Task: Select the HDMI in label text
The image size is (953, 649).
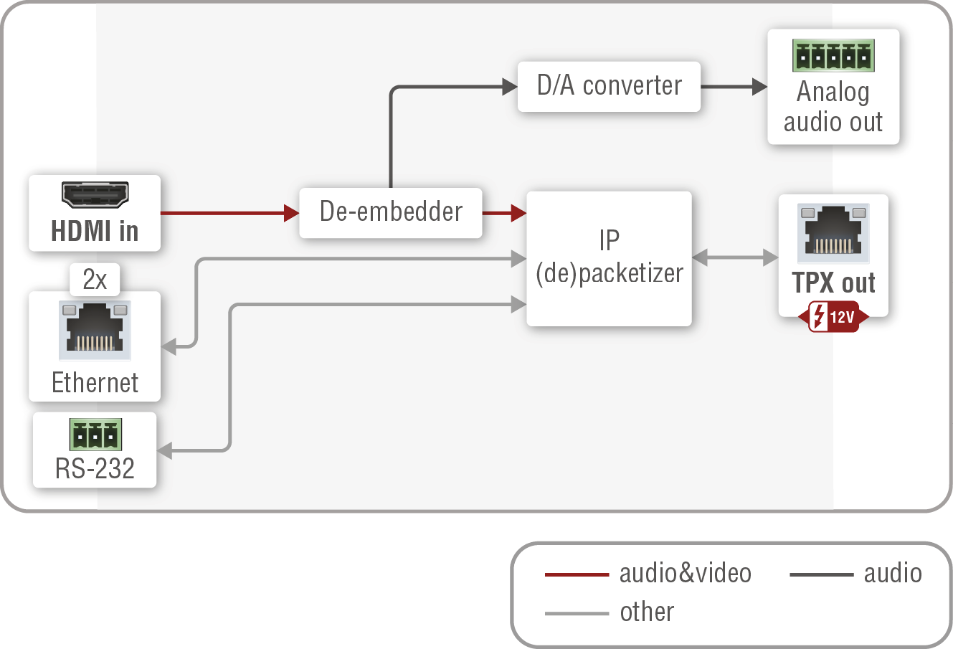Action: pyautogui.click(x=95, y=232)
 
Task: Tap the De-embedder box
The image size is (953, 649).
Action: pyautogui.click(x=391, y=212)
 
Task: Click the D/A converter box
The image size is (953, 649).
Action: pyautogui.click(x=609, y=86)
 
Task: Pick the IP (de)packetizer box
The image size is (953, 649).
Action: pyautogui.click(x=609, y=258)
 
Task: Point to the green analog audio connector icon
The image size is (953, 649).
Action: pyautogui.click(x=833, y=56)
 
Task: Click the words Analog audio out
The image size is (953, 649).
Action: pyautogui.click(x=833, y=107)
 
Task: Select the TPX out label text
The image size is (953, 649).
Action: pyautogui.click(x=833, y=283)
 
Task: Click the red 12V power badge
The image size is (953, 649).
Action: pyautogui.click(x=833, y=316)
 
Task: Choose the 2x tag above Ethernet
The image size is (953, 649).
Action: pyautogui.click(x=95, y=280)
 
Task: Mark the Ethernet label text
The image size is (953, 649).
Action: pyautogui.click(x=95, y=383)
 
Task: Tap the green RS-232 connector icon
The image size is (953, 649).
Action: pyautogui.click(x=95, y=435)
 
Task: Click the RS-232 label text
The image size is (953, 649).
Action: pyautogui.click(x=95, y=469)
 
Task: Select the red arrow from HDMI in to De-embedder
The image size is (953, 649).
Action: pyautogui.click(x=229, y=213)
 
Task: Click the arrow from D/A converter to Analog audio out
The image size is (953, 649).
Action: pyautogui.click(x=734, y=87)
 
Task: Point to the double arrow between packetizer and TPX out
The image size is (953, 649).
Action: pyautogui.click(x=735, y=257)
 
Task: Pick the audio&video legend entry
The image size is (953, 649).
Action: pyautogui.click(x=648, y=574)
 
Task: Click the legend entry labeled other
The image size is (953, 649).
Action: pyautogui.click(x=610, y=612)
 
